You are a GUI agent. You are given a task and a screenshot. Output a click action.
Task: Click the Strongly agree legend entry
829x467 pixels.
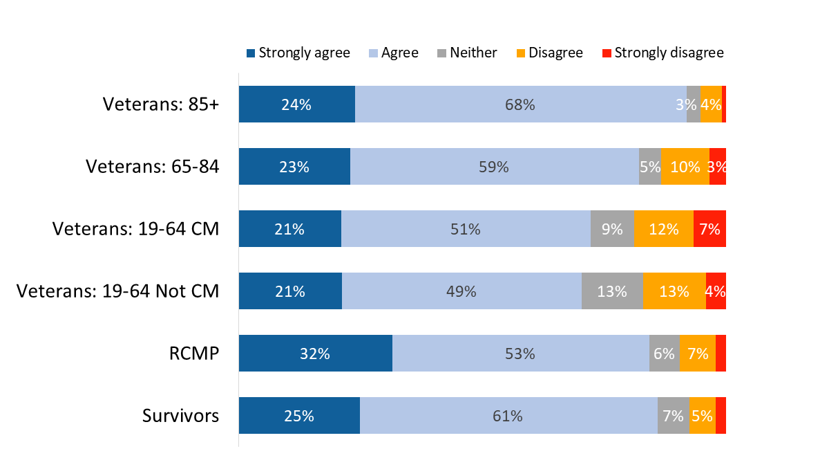tap(298, 53)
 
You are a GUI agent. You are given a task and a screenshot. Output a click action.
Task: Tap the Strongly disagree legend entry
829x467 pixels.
tap(663, 53)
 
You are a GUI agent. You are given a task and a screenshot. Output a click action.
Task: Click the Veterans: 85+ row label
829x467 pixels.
tap(160, 104)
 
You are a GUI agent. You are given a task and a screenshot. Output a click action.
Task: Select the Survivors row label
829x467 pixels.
tap(180, 416)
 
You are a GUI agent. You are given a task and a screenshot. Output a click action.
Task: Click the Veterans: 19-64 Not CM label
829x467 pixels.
tap(117, 291)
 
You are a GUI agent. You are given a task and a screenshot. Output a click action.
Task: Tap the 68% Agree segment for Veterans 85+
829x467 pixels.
tap(520, 104)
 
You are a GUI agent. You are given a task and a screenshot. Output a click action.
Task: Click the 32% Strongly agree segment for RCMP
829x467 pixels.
tap(315, 354)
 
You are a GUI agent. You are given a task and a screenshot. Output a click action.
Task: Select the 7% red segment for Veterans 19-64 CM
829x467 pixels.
tap(709, 229)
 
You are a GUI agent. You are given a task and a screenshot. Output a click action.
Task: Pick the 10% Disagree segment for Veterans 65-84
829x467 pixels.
tap(685, 167)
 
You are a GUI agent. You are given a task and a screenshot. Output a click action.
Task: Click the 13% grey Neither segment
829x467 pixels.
tap(612, 291)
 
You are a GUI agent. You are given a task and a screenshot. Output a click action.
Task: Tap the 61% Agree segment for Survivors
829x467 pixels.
tap(508, 416)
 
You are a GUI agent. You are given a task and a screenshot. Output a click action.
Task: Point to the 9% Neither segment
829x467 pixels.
tap(612, 229)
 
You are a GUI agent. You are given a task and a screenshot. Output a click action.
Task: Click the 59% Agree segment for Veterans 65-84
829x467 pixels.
tap(494, 167)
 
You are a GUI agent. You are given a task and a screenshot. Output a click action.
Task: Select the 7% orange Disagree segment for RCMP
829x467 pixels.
tap(697, 354)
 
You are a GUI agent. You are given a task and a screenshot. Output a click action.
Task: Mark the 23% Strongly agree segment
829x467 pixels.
tap(294, 167)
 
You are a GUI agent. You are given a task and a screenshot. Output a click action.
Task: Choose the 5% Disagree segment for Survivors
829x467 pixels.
tap(702, 416)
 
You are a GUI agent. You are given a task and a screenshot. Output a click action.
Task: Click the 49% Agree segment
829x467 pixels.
tap(461, 291)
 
